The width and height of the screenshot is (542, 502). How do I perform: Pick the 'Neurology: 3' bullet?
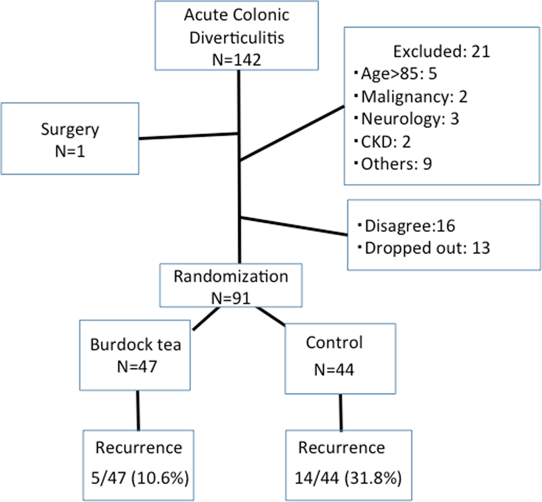[x=405, y=119]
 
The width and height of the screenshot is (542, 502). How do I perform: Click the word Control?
[x=334, y=343]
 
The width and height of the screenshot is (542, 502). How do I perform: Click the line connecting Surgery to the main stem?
[x=189, y=136]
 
